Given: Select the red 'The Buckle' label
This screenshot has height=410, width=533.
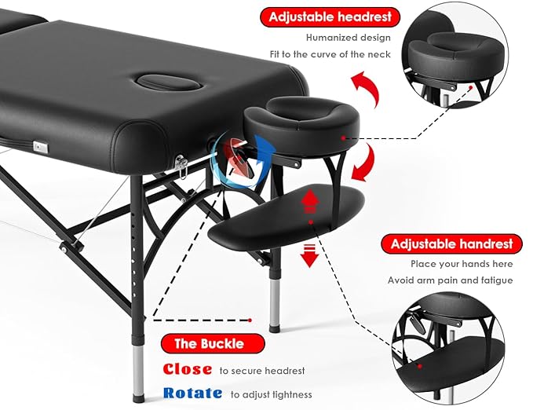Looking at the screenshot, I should [x=208, y=343].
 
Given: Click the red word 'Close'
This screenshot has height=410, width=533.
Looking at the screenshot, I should [x=187, y=369].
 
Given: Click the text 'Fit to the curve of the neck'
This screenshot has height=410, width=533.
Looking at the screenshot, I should [x=336, y=55].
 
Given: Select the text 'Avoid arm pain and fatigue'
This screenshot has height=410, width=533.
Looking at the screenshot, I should [x=450, y=280].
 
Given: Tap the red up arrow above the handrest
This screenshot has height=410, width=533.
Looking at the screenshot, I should [x=310, y=202].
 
